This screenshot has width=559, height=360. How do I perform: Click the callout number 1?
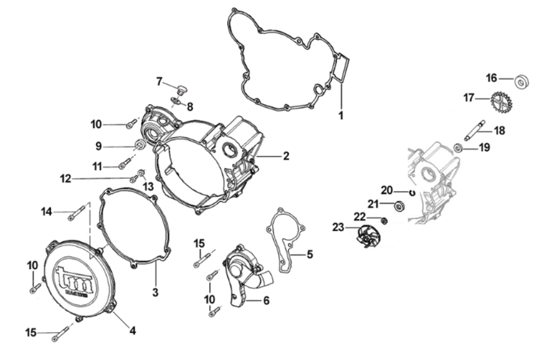click(341, 115)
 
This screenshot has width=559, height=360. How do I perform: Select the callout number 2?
click(286, 156)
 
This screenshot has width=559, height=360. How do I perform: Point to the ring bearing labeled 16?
click(522, 82)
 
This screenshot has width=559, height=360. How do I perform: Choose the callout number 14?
click(46, 211)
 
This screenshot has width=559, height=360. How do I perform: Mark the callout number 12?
click(65, 178)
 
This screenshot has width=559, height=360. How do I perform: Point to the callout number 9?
click(98, 146)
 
